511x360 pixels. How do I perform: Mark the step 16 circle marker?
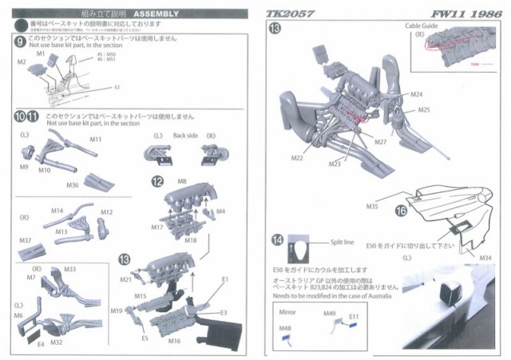(400, 212)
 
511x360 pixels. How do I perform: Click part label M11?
(95, 140)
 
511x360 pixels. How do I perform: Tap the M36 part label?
(73, 186)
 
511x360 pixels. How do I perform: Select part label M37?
(25, 240)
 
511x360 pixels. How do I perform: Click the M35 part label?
(372, 206)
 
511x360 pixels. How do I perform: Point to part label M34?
(485, 256)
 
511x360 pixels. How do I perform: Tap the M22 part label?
(296, 159)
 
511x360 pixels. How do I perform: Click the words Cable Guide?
(426, 27)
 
